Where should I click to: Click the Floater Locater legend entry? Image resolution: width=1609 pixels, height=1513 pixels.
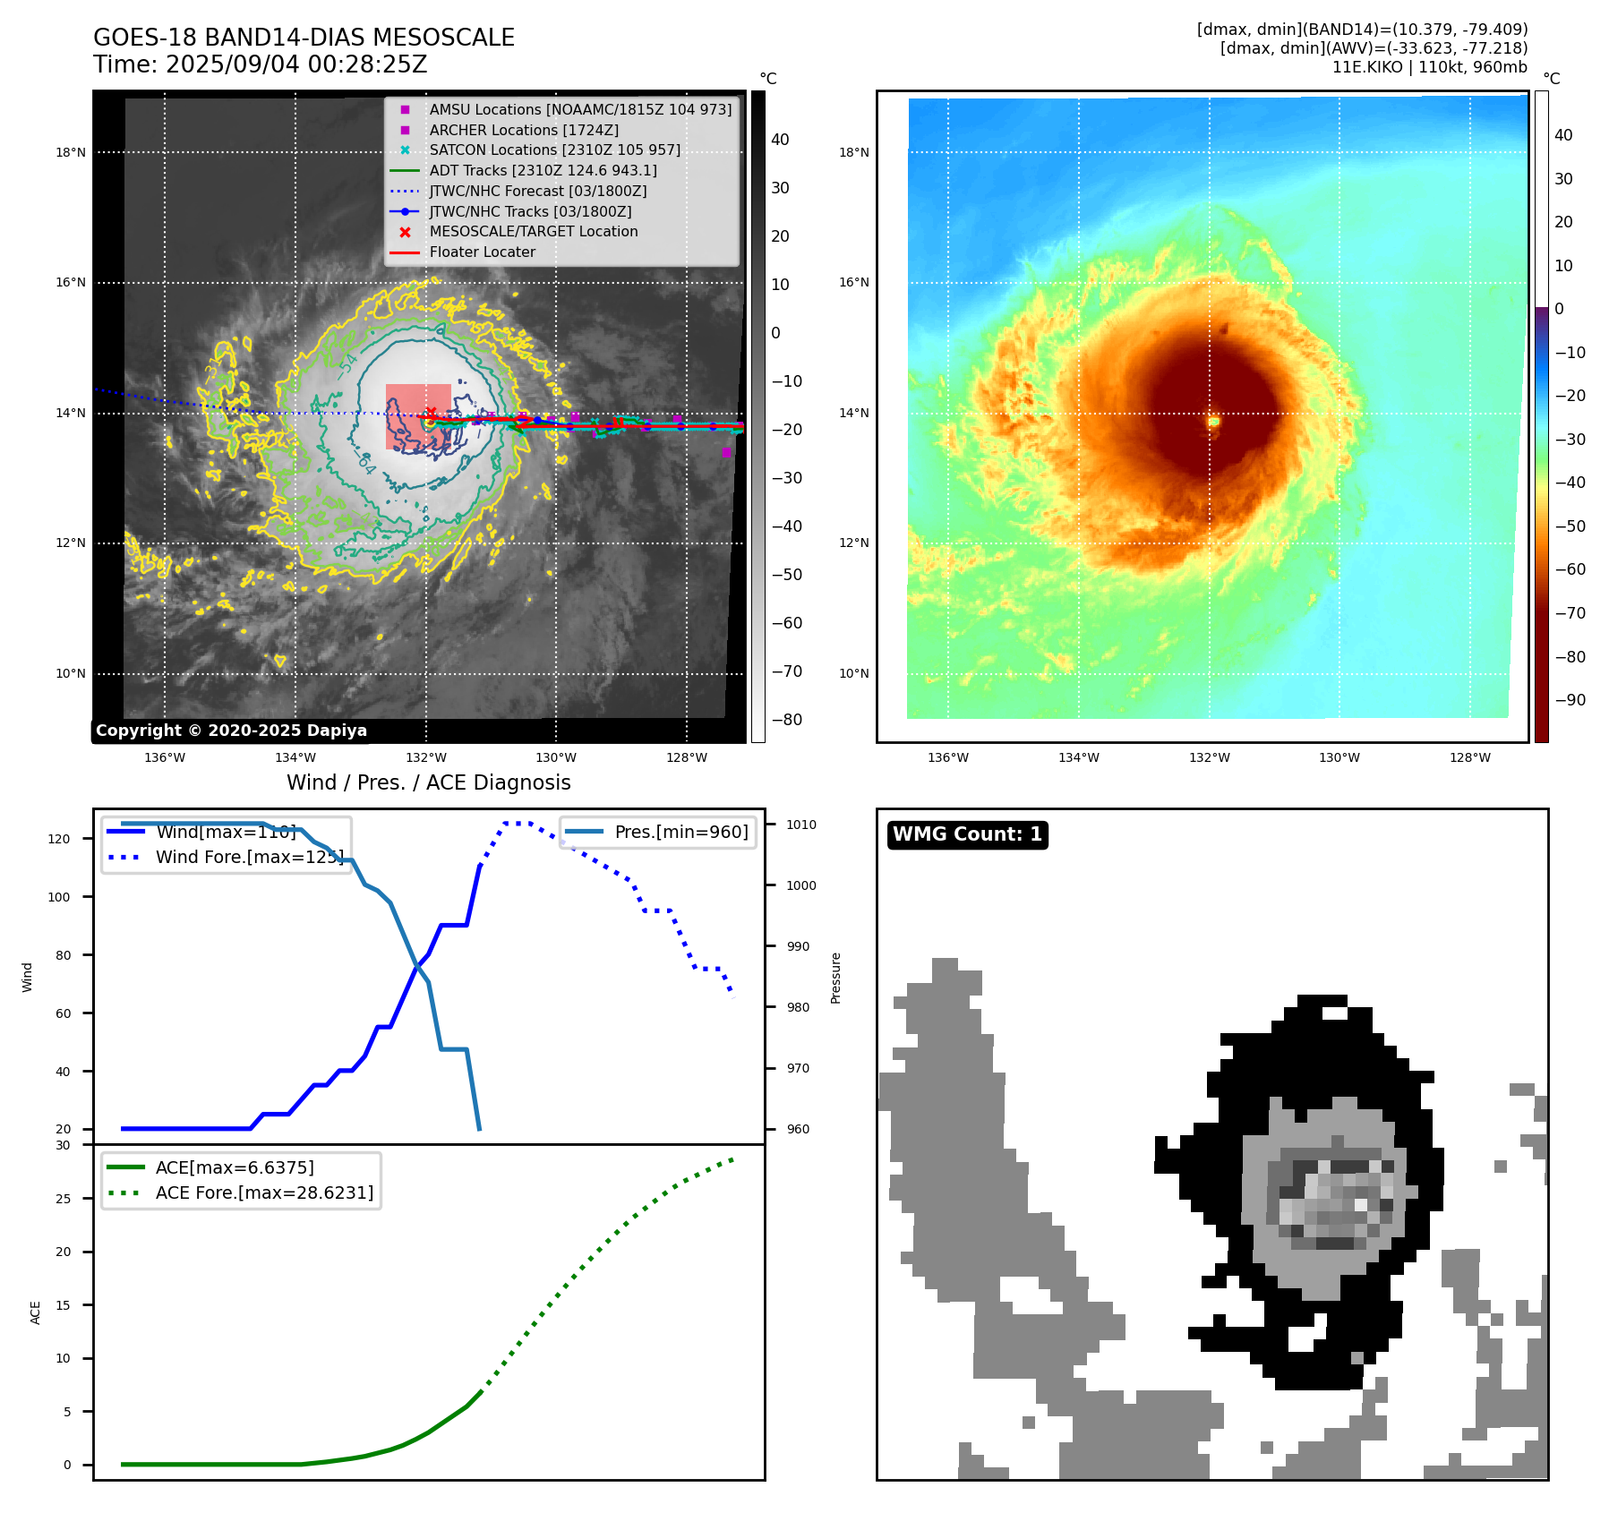click(x=482, y=252)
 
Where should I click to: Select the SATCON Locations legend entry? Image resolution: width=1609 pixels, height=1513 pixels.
click(x=554, y=150)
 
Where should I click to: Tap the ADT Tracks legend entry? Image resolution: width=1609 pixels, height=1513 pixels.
click(x=543, y=170)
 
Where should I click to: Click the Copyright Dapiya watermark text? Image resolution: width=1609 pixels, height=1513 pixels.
click(x=231, y=731)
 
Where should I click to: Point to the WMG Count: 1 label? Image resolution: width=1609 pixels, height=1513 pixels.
click(x=967, y=834)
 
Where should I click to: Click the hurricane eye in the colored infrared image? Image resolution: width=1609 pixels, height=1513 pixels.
click(x=1213, y=421)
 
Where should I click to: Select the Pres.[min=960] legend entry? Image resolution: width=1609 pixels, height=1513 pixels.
click(x=680, y=832)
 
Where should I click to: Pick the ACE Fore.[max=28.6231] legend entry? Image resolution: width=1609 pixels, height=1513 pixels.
click(x=264, y=1192)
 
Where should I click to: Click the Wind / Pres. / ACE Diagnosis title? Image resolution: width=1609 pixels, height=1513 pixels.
click(x=428, y=782)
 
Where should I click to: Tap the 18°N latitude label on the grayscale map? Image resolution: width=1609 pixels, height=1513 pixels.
click(x=71, y=152)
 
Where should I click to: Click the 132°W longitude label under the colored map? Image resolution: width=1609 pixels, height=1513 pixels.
click(x=1209, y=757)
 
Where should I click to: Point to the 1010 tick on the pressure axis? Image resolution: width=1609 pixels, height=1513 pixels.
click(x=801, y=825)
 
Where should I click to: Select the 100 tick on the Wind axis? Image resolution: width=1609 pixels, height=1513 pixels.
click(x=59, y=897)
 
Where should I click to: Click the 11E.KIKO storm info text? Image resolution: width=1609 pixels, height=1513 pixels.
click(x=1429, y=67)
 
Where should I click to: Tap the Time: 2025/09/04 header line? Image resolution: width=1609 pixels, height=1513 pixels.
click(x=260, y=65)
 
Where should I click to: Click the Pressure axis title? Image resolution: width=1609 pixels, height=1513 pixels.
click(x=835, y=978)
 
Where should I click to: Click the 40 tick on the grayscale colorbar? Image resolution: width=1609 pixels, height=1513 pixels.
click(x=780, y=140)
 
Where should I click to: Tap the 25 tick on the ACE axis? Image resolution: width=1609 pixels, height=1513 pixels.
click(x=63, y=1199)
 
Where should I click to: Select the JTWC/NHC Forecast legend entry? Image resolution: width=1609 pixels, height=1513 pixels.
click(x=537, y=191)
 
